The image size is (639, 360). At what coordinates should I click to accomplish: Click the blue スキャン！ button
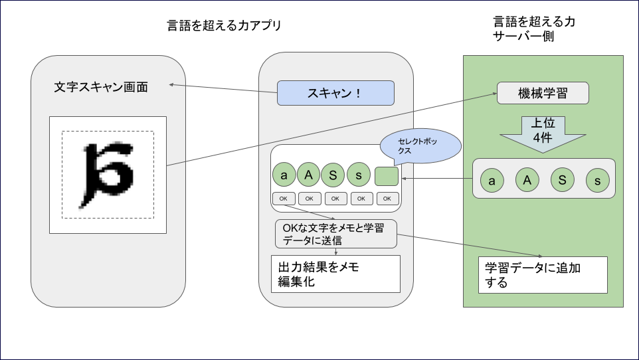point(335,93)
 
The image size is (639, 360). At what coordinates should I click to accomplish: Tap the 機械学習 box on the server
point(543,93)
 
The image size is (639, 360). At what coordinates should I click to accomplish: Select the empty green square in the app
point(386,176)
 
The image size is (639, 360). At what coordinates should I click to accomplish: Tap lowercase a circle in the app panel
point(284,175)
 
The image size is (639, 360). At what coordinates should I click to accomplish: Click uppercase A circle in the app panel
point(308,175)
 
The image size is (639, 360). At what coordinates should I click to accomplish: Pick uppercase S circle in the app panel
point(333,175)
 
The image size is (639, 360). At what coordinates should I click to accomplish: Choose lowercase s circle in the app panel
point(359,175)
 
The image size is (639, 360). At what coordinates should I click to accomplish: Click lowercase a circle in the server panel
point(492,181)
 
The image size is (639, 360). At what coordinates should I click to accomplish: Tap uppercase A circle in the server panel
point(527,181)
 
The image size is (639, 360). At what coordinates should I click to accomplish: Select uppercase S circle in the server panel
point(562,181)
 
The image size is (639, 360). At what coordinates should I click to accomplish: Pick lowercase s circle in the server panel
point(597,181)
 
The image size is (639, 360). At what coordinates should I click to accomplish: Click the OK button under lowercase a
point(284,199)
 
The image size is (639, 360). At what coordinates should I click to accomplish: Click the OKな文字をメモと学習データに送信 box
point(335,234)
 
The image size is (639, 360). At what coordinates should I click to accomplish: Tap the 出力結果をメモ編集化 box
point(335,274)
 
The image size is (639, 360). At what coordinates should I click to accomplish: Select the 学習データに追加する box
point(543,274)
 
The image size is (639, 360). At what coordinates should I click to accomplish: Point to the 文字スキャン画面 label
point(100,87)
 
